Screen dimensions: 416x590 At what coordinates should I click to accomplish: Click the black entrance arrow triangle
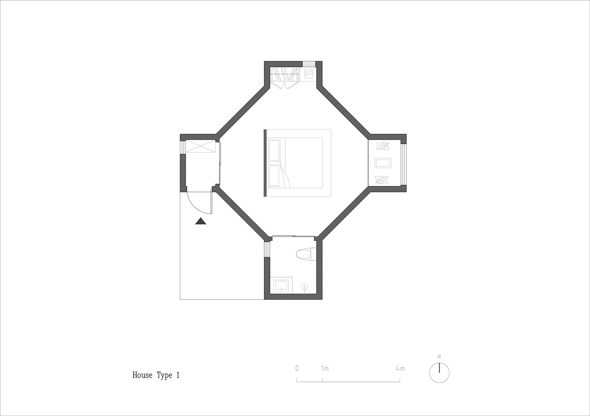tap(201, 221)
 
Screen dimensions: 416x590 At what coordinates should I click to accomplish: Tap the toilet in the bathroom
tap(306, 254)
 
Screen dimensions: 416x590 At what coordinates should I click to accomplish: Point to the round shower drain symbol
tap(305, 287)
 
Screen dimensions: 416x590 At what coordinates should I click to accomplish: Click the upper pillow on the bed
tap(274, 150)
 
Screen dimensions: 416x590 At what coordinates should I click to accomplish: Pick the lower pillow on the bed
tap(274, 175)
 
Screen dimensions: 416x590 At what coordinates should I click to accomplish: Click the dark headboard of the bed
tap(265, 163)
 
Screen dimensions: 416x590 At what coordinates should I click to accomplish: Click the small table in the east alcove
tap(383, 163)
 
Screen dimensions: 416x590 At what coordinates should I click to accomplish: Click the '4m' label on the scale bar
tap(400, 369)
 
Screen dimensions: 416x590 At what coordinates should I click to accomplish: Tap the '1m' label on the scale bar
tap(325, 369)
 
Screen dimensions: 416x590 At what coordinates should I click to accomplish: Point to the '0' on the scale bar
tap(297, 369)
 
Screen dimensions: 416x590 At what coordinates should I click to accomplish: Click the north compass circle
tap(439, 373)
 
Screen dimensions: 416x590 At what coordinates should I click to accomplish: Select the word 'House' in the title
tap(142, 375)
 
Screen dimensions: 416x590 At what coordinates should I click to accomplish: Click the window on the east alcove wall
tap(404, 163)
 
